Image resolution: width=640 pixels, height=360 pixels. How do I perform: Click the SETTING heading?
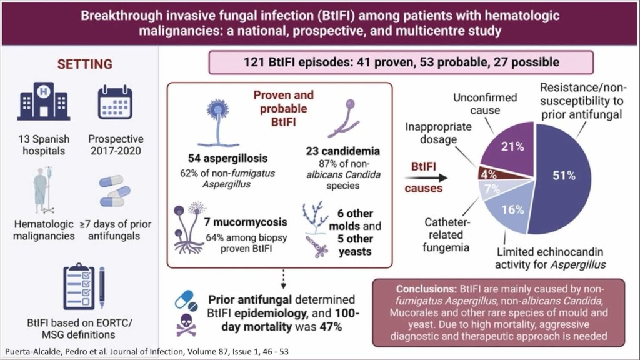tap(85, 64)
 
